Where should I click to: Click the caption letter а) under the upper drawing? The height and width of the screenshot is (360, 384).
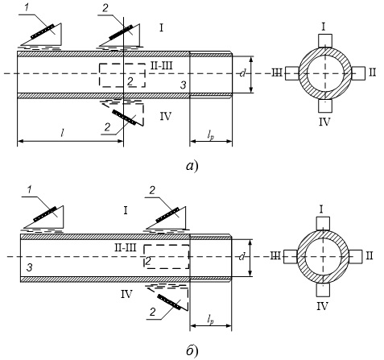tap(192, 166)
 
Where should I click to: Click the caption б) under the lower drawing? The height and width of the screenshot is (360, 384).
tap(192, 350)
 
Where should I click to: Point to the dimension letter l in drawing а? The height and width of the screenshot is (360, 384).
tap(62, 133)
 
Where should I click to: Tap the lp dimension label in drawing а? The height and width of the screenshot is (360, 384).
tap(211, 135)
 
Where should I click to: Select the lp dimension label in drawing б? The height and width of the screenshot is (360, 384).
tap(211, 320)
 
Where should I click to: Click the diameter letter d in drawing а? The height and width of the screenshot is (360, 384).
tap(242, 72)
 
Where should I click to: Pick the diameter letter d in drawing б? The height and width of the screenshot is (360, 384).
tap(242, 257)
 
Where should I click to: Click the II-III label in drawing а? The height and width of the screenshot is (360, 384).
tap(161, 65)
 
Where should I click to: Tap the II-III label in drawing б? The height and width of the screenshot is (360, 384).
tap(126, 247)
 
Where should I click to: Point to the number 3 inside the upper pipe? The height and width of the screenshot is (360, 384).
tap(183, 85)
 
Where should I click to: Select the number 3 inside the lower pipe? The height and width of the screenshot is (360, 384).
tap(30, 267)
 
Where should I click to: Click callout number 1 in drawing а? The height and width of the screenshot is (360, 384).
tap(27, 7)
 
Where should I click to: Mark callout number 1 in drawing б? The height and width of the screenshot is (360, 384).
tap(29, 189)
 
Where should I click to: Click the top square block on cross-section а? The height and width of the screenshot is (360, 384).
tap(325, 40)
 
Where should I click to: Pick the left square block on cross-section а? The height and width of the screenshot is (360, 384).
tap(292, 73)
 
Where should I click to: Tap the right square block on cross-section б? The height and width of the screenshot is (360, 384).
tap(356, 257)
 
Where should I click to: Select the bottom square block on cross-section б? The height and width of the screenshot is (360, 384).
tap(323, 290)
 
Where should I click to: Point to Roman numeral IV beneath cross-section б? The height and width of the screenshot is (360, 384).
tap(323, 306)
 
